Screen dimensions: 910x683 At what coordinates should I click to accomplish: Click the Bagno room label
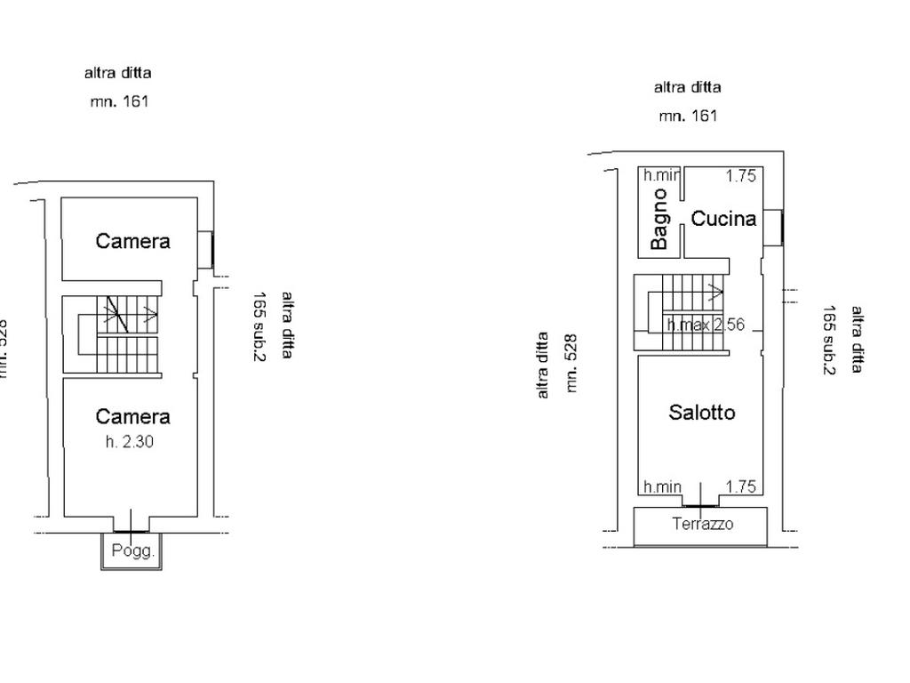(659, 219)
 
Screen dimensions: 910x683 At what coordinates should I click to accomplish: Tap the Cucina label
(723, 218)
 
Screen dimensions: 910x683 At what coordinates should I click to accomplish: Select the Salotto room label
(702, 413)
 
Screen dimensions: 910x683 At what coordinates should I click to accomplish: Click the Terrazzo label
(703, 524)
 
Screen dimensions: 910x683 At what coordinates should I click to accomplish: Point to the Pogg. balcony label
(133, 550)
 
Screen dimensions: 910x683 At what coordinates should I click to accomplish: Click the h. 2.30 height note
(130, 440)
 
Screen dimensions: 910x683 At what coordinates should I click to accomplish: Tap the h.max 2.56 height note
(706, 325)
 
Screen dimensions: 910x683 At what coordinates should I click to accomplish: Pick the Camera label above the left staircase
(133, 241)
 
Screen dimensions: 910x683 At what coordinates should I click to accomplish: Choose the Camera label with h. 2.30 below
(133, 416)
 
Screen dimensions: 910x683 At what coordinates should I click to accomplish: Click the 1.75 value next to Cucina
(741, 176)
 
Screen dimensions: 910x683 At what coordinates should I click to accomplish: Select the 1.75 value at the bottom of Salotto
(741, 486)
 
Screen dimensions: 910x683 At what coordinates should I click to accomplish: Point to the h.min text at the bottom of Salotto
(663, 486)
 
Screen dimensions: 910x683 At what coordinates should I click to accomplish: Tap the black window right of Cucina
(778, 227)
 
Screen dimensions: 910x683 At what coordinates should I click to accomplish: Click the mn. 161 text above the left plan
(119, 101)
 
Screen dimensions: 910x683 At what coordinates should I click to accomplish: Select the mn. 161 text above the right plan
(688, 116)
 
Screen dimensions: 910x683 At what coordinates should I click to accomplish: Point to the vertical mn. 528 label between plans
(572, 363)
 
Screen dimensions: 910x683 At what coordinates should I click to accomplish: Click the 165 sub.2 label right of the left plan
(261, 326)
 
